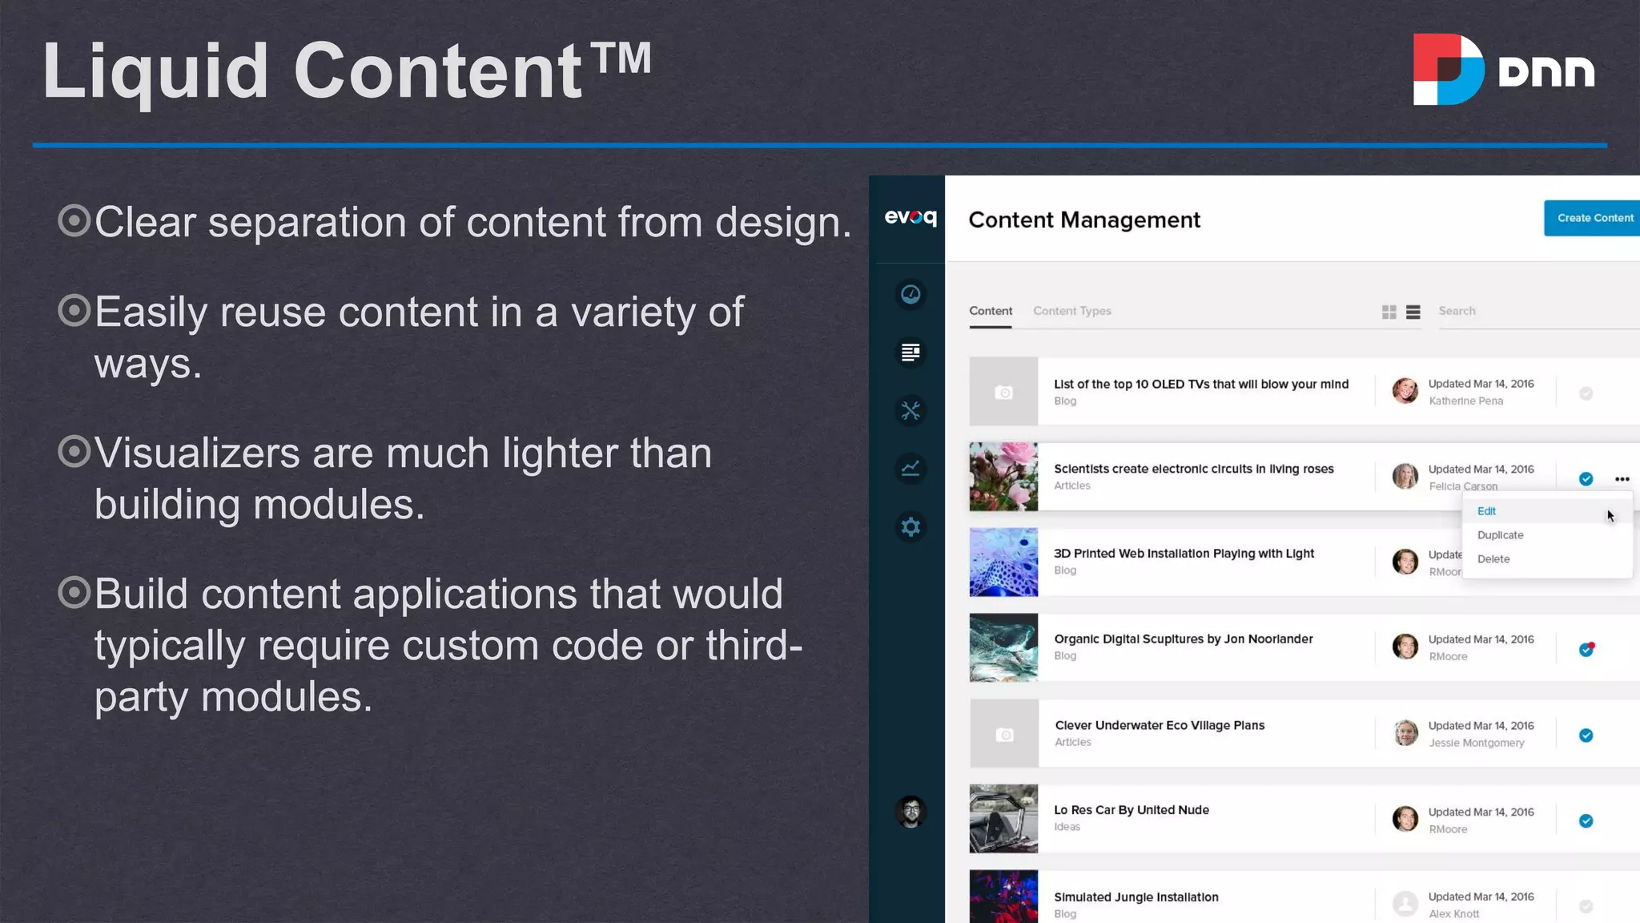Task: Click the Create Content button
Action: click(1594, 218)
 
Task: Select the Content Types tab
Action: click(1071, 311)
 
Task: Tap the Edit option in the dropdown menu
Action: click(1486, 511)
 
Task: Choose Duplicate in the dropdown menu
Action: click(1500, 535)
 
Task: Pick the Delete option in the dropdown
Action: click(1493, 559)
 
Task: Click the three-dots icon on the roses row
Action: click(1622, 479)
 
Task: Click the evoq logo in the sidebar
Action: click(910, 217)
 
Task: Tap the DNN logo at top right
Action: click(1503, 70)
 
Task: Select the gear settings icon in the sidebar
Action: click(910, 527)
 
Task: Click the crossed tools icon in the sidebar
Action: click(910, 411)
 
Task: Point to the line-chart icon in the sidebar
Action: click(910, 469)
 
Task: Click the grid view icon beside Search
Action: click(1389, 312)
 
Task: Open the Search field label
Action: click(1457, 311)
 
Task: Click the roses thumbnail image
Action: click(1003, 477)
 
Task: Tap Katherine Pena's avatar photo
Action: click(1405, 391)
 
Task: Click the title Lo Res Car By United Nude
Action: click(1131, 810)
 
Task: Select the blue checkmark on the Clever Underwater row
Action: click(1586, 736)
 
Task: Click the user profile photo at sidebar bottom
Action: click(910, 812)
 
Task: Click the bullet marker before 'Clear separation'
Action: click(74, 220)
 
